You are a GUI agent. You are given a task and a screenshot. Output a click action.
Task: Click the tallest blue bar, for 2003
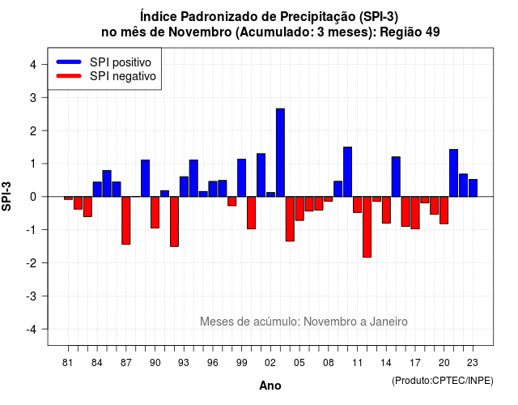pyautogui.click(x=280, y=152)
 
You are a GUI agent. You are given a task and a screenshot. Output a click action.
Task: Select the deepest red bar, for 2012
pyautogui.click(x=367, y=227)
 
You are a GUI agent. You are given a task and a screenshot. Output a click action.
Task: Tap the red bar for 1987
pyautogui.click(x=126, y=220)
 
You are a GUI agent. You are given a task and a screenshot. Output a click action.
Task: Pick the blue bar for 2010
pyautogui.click(x=347, y=172)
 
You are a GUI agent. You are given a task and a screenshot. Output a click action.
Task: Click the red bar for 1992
pyautogui.click(x=174, y=221)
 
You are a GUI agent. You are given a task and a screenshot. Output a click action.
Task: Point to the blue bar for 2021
pyautogui.click(x=453, y=173)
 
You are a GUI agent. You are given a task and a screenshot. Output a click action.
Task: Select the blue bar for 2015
pyautogui.click(x=396, y=177)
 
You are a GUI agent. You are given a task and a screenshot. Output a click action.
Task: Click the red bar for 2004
pyautogui.click(x=290, y=219)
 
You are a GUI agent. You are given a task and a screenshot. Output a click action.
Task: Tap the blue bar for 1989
pyautogui.click(x=146, y=178)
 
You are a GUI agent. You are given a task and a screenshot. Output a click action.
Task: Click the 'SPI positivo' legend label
pyautogui.click(x=121, y=62)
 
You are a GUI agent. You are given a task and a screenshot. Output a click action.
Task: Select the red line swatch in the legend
pyautogui.click(x=69, y=76)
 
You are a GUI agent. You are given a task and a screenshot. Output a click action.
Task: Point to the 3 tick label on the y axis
pyautogui.click(x=32, y=97)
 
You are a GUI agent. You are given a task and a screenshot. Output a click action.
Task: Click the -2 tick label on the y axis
pyautogui.click(x=32, y=262)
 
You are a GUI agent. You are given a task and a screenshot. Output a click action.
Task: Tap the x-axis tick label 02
pyautogui.click(x=270, y=363)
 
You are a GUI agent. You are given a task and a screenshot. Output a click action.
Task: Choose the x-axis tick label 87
pyautogui.click(x=126, y=363)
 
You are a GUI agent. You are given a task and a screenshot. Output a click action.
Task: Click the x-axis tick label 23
pyautogui.click(x=473, y=363)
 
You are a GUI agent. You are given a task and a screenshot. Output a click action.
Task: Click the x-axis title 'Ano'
pyautogui.click(x=270, y=386)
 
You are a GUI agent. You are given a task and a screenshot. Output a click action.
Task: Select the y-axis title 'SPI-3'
pyautogui.click(x=6, y=196)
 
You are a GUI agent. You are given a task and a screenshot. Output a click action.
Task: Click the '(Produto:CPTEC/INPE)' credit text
pyautogui.click(x=443, y=381)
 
